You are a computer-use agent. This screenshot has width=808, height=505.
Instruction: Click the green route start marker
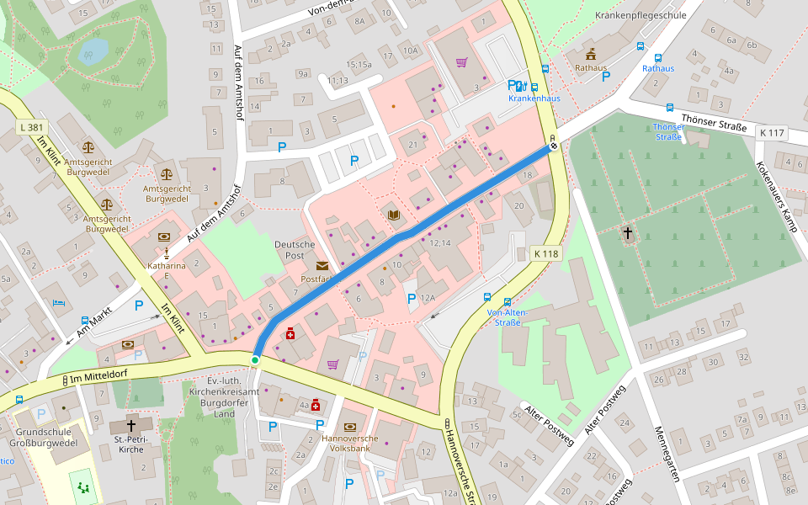(x=255, y=360)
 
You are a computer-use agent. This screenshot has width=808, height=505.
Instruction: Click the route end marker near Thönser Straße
(x=553, y=146)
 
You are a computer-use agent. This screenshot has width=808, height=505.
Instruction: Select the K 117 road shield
(x=772, y=132)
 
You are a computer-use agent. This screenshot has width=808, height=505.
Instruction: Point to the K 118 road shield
(x=546, y=253)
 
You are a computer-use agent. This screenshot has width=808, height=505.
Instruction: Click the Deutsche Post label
(x=295, y=250)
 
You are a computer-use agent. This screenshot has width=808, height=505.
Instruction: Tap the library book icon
(x=393, y=215)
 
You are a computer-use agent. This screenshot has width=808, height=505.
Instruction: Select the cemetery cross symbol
(x=627, y=233)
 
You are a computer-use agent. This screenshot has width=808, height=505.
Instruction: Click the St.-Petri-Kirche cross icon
(x=130, y=427)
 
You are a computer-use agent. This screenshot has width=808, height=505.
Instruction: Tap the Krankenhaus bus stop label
(x=534, y=98)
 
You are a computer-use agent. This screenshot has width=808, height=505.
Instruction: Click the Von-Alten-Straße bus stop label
(x=507, y=317)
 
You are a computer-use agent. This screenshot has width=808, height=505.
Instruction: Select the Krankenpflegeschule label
(x=635, y=15)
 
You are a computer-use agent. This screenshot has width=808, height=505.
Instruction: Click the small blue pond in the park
(x=93, y=52)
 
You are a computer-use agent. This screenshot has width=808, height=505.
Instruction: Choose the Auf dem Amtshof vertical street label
(x=238, y=82)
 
